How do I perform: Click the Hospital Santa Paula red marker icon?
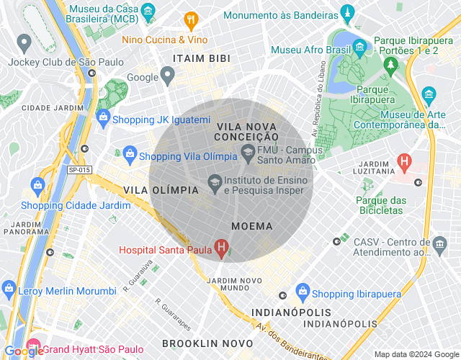pos(222,250)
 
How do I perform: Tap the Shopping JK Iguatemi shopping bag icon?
pos(103,117)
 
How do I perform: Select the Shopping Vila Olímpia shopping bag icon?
pos(130,153)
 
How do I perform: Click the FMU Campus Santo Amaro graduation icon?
pos(248,151)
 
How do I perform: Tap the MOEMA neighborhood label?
pos(252,226)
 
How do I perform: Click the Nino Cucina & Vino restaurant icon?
pos(191,19)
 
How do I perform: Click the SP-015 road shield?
pos(80,170)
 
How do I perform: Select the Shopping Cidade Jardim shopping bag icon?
pos(37,188)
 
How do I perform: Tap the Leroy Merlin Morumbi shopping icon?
pos(9,290)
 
